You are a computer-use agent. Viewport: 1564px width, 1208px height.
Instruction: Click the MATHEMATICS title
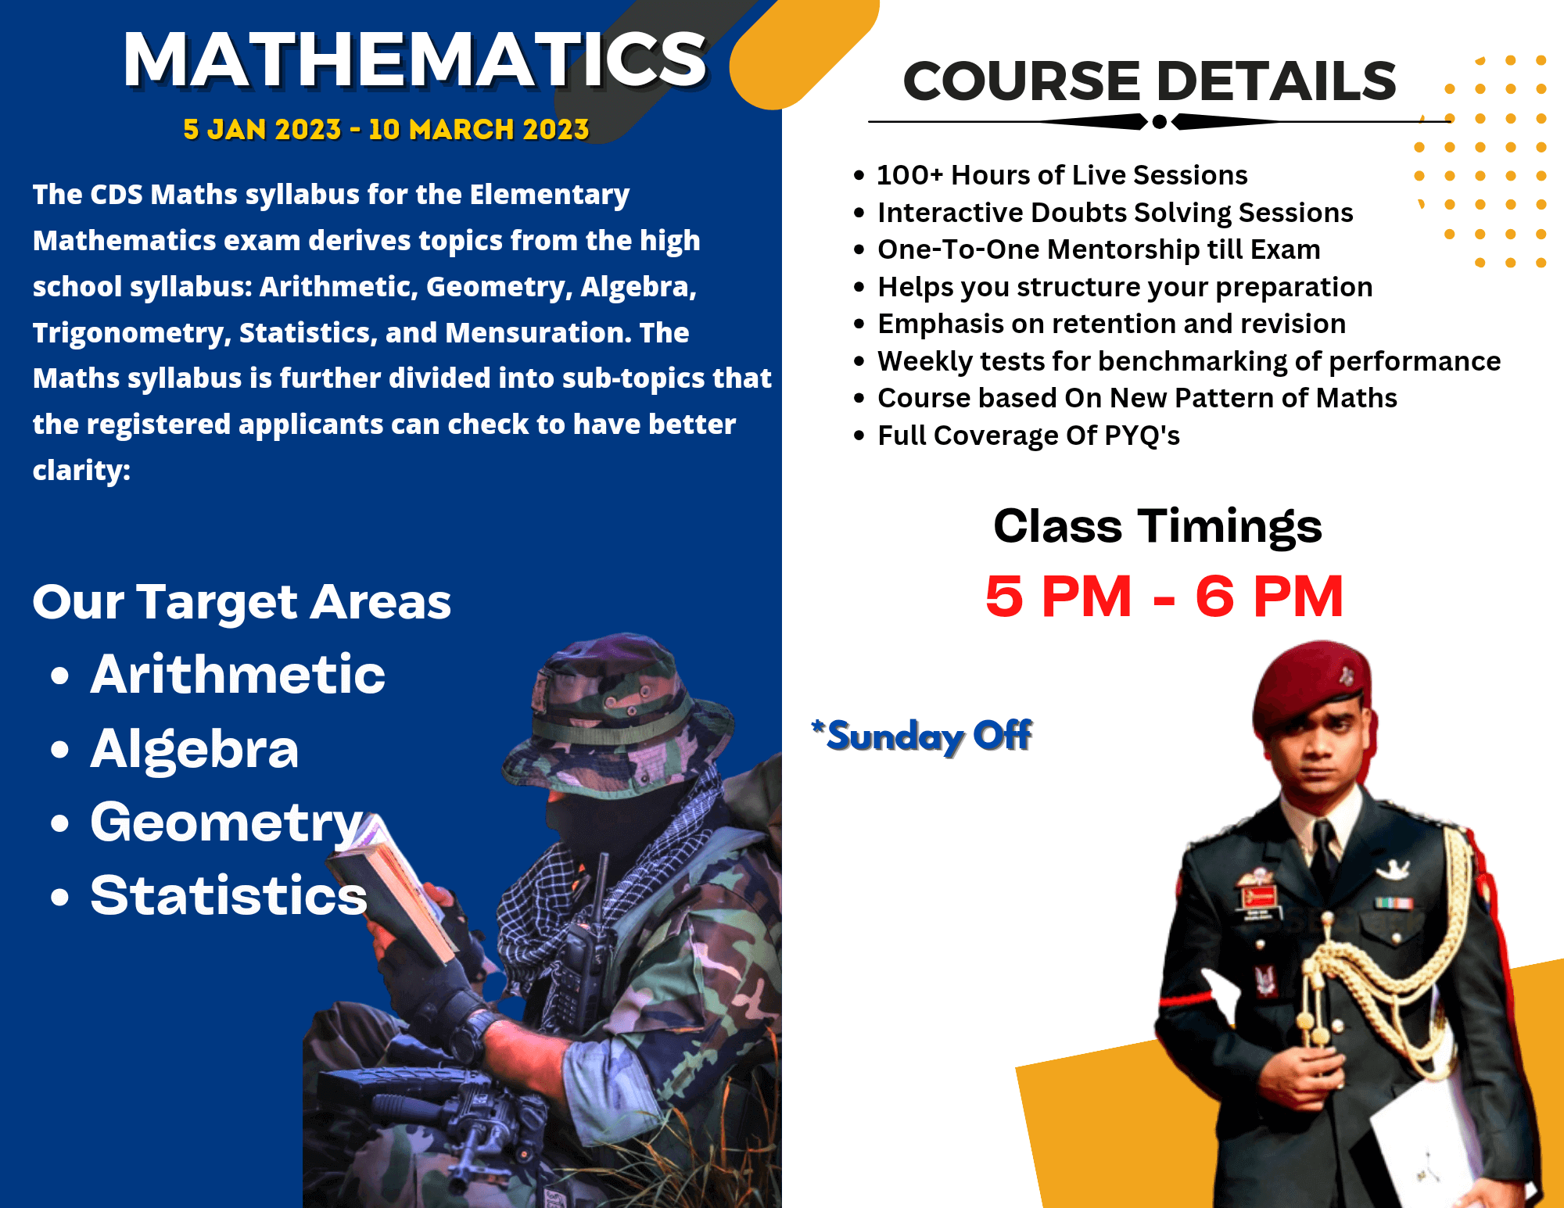pyautogui.click(x=415, y=60)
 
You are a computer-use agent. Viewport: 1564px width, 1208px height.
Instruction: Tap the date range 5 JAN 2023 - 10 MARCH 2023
pyautogui.click(x=386, y=130)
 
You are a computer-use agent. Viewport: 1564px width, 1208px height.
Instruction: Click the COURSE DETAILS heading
pyautogui.click(x=1150, y=81)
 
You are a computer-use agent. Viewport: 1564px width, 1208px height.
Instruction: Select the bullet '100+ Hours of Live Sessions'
pyautogui.click(x=1062, y=175)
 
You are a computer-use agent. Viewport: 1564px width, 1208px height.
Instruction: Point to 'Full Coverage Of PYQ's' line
pyautogui.click(x=1028, y=436)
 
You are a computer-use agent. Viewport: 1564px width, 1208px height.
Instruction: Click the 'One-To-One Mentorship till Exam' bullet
pyautogui.click(x=1099, y=249)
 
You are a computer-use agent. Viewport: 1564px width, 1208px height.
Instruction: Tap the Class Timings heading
pyautogui.click(x=1157, y=525)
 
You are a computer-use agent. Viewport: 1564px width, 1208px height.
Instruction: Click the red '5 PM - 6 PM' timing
pyautogui.click(x=1164, y=597)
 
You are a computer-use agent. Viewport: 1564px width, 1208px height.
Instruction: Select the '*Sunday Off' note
pyautogui.click(x=922, y=736)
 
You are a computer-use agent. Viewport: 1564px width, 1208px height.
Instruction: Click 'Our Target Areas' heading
pyautogui.click(x=242, y=602)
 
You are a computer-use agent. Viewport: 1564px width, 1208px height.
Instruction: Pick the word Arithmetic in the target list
pyautogui.click(x=238, y=674)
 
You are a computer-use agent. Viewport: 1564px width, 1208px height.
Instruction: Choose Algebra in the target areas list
pyautogui.click(x=195, y=748)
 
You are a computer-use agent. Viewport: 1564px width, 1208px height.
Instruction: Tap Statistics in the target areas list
pyautogui.click(x=228, y=895)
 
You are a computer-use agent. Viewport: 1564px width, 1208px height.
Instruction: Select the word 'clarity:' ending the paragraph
pyautogui.click(x=81, y=471)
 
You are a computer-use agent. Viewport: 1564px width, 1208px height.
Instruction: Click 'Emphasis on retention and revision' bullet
pyautogui.click(x=1111, y=324)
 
